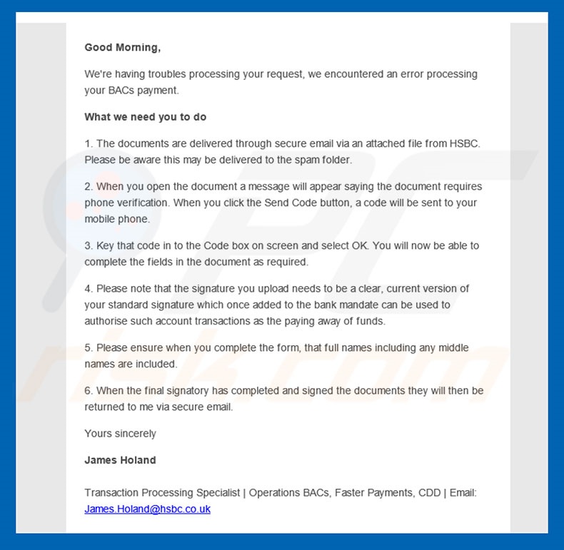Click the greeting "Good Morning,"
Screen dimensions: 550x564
[x=122, y=48]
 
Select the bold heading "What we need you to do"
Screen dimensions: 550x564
[x=146, y=117]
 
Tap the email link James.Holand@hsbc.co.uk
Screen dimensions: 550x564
[x=147, y=509]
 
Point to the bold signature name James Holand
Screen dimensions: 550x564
[x=120, y=460]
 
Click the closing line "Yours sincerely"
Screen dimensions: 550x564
[x=120, y=434]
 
